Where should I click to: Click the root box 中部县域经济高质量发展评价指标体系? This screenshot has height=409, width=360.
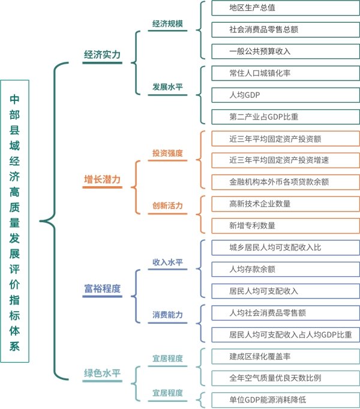pyautogui.click(x=14, y=221)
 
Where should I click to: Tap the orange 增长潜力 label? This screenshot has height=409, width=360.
pyautogui.click(x=102, y=180)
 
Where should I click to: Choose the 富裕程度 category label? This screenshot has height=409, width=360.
pyautogui.click(x=102, y=289)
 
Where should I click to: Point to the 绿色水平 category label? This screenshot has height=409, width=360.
pyautogui.click(x=102, y=372)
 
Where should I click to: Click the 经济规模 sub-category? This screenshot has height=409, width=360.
pyautogui.click(x=167, y=24)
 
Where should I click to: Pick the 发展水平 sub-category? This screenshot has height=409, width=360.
pyautogui.click(x=167, y=86)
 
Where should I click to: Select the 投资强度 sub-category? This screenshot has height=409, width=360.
pyautogui.click(x=167, y=153)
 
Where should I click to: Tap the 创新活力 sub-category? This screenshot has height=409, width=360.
pyautogui.click(x=167, y=206)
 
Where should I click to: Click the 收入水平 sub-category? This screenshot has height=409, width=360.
pyautogui.click(x=167, y=262)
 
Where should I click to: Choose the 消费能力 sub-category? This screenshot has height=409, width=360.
pyautogui.click(x=167, y=315)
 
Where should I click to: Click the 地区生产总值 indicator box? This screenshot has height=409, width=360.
pyautogui.click(x=285, y=8)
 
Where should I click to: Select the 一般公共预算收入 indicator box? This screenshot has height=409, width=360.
pyautogui.click(x=285, y=51)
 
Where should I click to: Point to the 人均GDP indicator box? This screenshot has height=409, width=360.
pyautogui.click(x=285, y=95)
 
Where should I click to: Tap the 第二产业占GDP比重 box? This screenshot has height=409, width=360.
pyautogui.click(x=285, y=116)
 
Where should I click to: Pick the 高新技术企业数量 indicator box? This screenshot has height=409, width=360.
pyautogui.click(x=285, y=204)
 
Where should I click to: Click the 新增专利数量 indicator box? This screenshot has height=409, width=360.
pyautogui.click(x=285, y=225)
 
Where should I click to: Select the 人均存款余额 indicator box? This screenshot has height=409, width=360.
pyautogui.click(x=285, y=269)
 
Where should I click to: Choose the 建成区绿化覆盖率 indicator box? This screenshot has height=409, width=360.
pyautogui.click(x=285, y=356)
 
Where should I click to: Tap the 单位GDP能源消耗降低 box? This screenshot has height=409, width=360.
pyautogui.click(x=285, y=399)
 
